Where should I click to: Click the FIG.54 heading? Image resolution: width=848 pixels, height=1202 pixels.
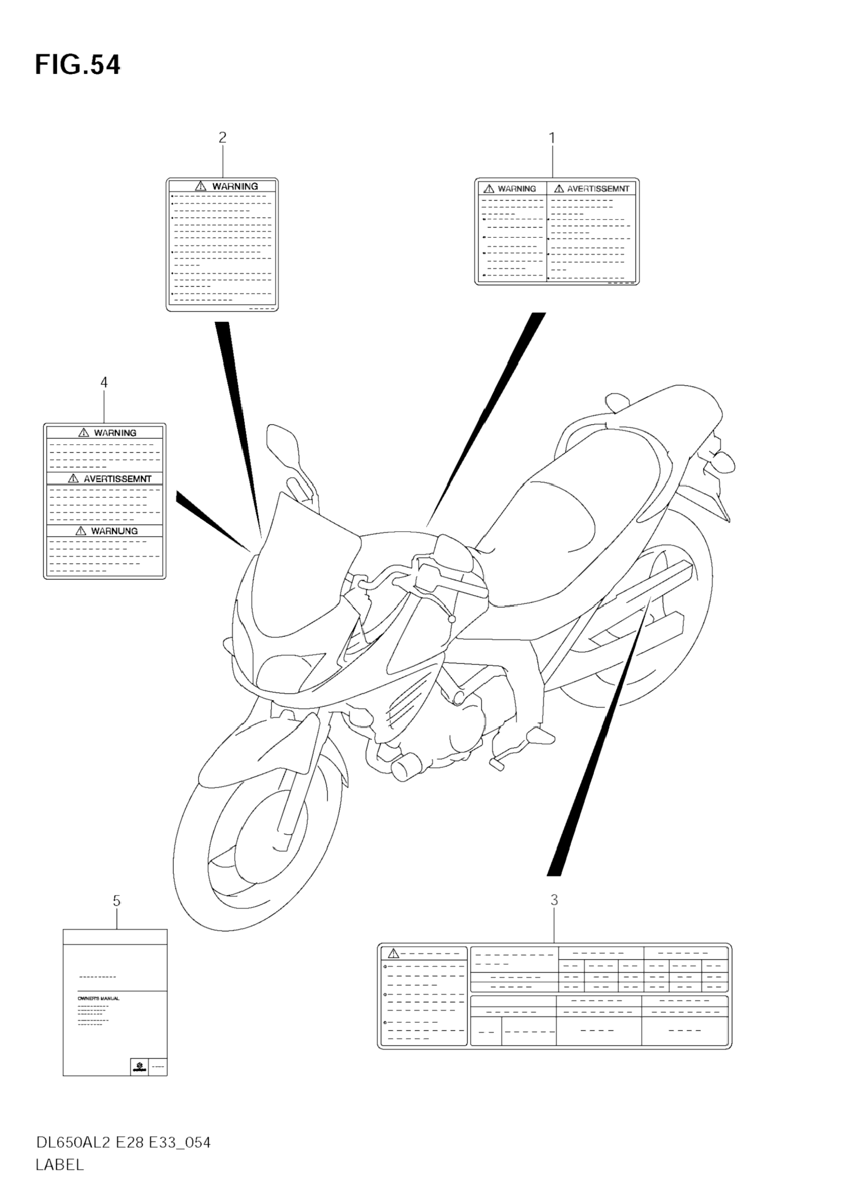coord(78,65)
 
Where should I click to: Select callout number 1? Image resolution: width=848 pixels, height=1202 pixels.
coord(551,138)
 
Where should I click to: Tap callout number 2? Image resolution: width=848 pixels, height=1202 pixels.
coord(222,137)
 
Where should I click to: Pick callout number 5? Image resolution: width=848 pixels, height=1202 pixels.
coord(116,901)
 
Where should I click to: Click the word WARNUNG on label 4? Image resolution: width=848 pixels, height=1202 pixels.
coord(114,531)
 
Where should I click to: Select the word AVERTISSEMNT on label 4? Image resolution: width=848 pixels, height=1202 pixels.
coord(117,479)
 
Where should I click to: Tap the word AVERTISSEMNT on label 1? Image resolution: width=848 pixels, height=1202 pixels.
coord(598,189)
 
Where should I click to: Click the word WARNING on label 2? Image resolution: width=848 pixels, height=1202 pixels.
coord(235,186)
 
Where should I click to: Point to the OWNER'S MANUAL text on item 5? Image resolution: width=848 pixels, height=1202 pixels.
coord(98,998)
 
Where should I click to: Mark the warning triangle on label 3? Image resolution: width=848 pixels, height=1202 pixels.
coord(393,953)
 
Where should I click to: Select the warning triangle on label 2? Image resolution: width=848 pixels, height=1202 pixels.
coord(201,186)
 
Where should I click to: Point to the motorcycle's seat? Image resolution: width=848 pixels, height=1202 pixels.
coord(565,524)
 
